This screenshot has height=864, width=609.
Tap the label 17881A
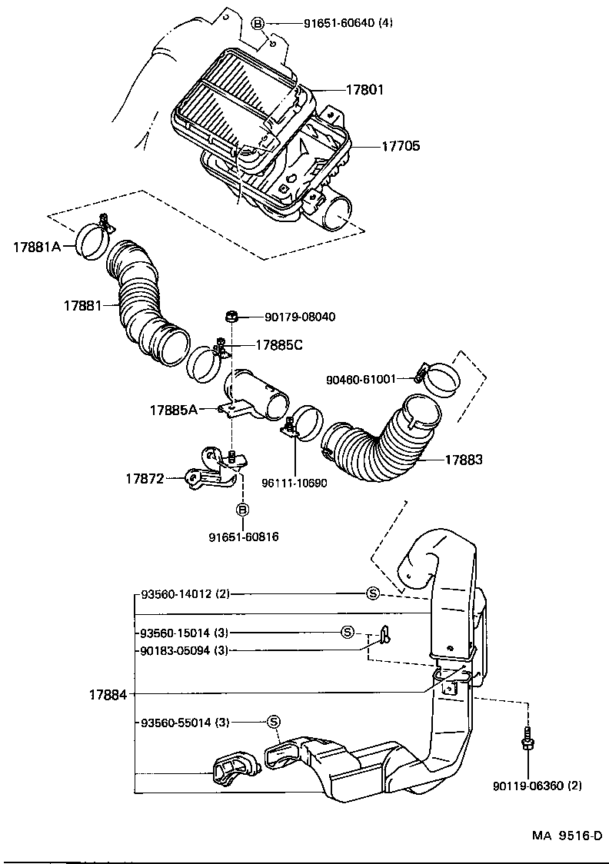pyautogui.click(x=36, y=247)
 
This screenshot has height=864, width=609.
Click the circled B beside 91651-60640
pyautogui.click(x=259, y=23)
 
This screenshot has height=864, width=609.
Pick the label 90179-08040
pyautogui.click(x=299, y=317)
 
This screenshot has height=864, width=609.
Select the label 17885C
pyautogui.click(x=278, y=345)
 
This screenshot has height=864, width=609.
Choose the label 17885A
pyautogui.click(x=173, y=410)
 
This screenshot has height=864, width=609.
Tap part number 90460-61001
pyautogui.click(x=360, y=378)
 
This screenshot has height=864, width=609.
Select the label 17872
pyautogui.click(x=145, y=478)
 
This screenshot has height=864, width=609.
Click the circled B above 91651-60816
pyautogui.click(x=242, y=509)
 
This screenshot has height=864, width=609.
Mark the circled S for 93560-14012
pyautogui.click(x=372, y=593)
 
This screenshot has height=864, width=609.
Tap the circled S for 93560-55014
pyautogui.click(x=272, y=721)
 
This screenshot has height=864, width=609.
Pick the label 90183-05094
pyautogui.click(x=185, y=650)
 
